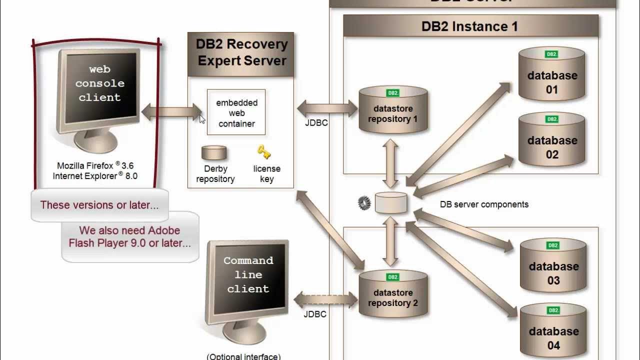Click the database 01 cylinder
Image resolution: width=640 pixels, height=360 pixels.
coord(551,75)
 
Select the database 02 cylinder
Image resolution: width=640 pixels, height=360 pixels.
coord(551,140)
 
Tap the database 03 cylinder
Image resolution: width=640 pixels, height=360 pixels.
coord(553,266)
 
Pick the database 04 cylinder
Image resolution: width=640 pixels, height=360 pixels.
coord(553,330)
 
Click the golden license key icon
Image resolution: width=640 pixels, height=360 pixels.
coord(264,151)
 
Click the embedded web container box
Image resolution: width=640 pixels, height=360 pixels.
coord(236,113)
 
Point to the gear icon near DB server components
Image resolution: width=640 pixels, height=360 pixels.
coord(364,203)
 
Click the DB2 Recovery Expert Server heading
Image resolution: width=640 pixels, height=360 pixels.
coord(242,53)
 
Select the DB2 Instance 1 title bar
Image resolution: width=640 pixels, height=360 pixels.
coord(470,26)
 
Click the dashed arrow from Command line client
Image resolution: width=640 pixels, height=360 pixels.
coord(325,300)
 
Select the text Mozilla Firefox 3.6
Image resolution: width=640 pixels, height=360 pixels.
coord(95,166)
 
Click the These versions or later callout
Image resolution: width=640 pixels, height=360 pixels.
coord(99,205)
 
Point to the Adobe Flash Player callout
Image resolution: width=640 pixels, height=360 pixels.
coord(129,237)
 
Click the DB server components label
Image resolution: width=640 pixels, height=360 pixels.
coord(483,204)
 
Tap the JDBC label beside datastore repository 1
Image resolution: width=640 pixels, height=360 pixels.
coord(316,122)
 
